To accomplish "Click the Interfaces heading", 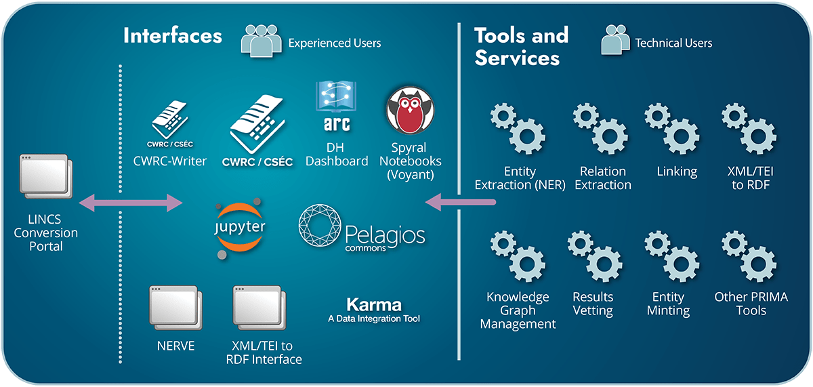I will (x=172, y=35).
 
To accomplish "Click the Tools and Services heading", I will (x=521, y=46).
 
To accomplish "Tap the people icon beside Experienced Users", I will (x=261, y=42).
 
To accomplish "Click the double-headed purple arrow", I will (x=131, y=202).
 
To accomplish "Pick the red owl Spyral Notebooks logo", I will (x=410, y=110).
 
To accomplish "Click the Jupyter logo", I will (x=239, y=227).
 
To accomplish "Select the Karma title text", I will (x=373, y=304).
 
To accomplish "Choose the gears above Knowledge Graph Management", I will (x=516, y=258).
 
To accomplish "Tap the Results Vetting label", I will (x=593, y=304).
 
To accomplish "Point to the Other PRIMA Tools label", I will (x=751, y=304).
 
